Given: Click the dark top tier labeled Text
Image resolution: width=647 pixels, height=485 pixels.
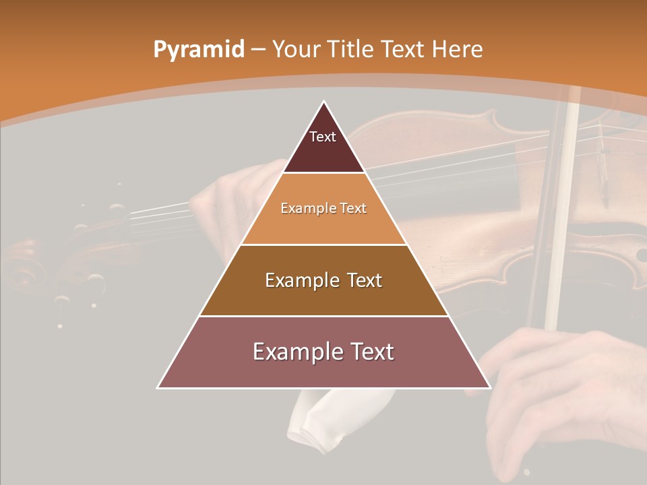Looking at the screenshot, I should (323, 145).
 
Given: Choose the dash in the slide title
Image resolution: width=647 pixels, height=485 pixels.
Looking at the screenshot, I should (257, 49).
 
